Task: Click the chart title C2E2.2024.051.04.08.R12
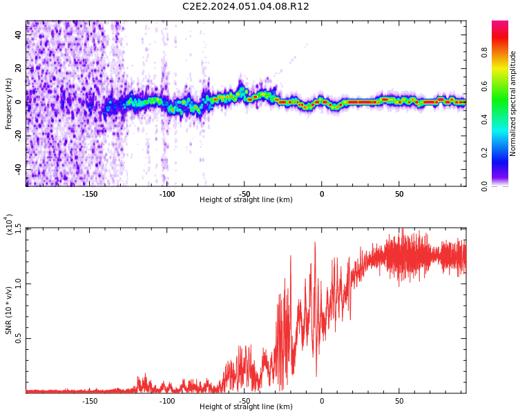click(245, 6)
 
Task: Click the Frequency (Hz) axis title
click(9, 103)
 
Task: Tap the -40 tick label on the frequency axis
click(16, 169)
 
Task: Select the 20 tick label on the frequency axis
click(17, 68)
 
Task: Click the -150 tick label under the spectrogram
click(89, 194)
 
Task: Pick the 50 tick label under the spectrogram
click(399, 194)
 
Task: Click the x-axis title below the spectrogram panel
click(246, 200)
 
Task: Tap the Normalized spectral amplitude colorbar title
click(513, 103)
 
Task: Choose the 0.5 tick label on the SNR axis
click(17, 338)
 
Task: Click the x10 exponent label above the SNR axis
click(9, 224)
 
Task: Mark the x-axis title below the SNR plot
click(246, 407)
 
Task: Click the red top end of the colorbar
click(499, 24)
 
